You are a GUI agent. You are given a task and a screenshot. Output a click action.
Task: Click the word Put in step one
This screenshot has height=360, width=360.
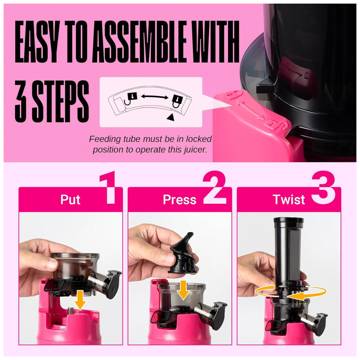[x=70, y=199]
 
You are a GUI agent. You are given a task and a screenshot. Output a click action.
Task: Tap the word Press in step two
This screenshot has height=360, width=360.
[x=180, y=199]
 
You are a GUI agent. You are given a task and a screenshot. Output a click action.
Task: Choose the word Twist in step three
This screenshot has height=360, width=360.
[x=289, y=199]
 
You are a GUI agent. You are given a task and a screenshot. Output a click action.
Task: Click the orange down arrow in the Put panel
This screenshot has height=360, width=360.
[x=80, y=300]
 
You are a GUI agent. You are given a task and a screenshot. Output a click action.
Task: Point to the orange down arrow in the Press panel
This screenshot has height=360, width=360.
[x=183, y=290]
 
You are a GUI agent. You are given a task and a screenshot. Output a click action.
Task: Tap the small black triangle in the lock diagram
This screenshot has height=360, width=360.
[x=170, y=117]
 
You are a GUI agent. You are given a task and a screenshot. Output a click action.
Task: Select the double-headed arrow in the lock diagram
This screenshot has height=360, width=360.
[x=154, y=96]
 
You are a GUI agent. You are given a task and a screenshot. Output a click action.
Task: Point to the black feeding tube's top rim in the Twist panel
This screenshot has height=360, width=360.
[x=289, y=220]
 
